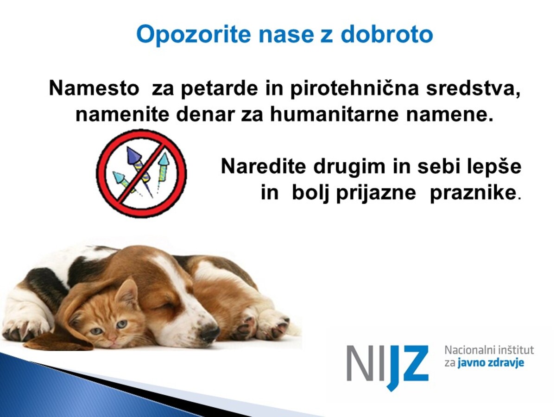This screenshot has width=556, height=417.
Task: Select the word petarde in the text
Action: [220, 88]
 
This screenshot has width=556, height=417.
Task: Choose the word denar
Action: [205, 115]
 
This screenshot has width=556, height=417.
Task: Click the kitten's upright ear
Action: [126, 291]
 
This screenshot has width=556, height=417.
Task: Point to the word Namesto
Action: [94, 88]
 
